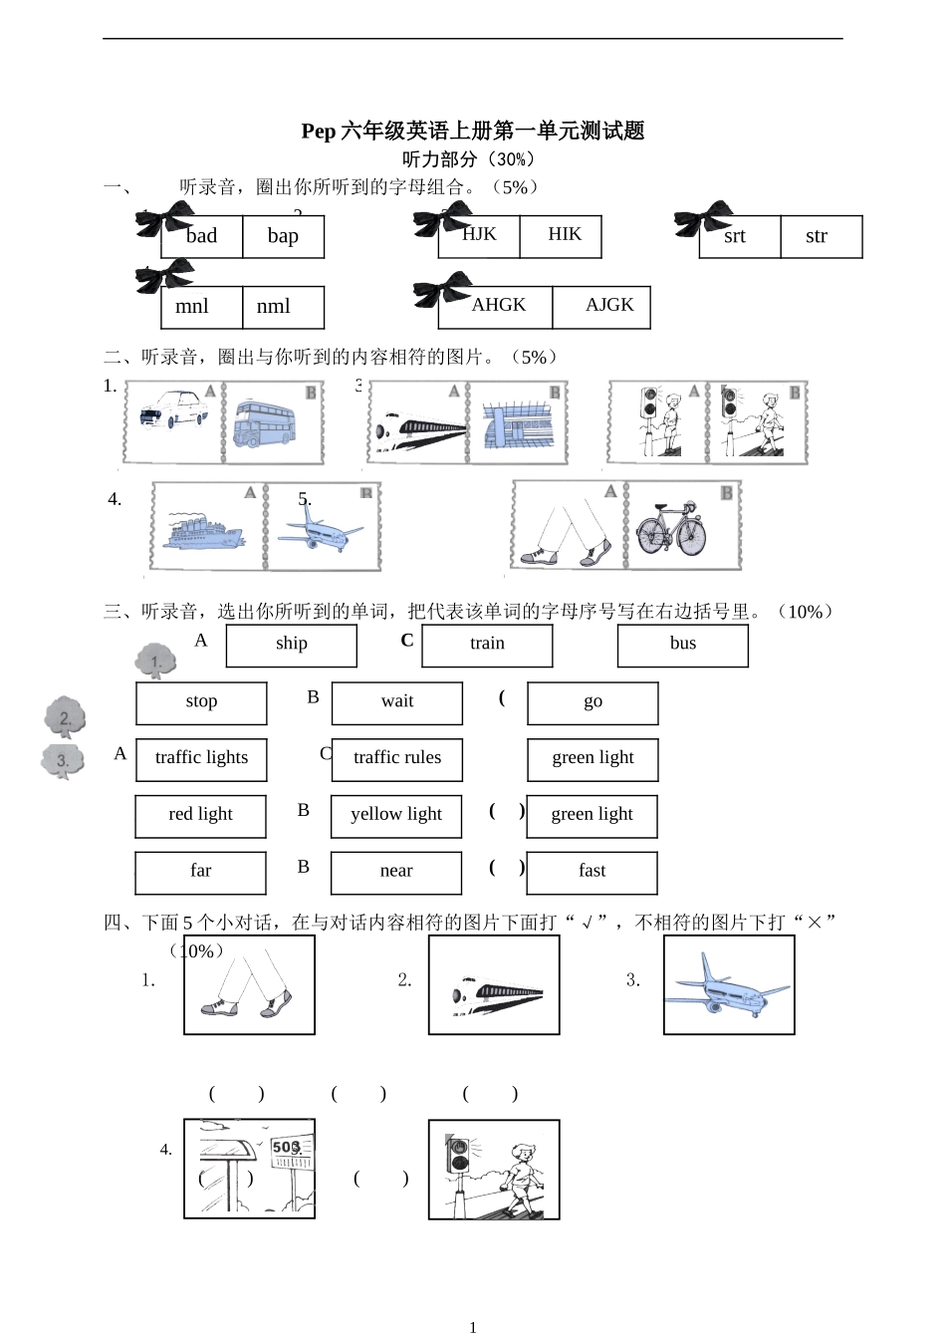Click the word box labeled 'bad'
tap(202, 236)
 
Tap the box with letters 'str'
tap(821, 236)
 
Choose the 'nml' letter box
tap(283, 307)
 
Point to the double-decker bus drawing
tap(265, 423)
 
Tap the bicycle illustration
tap(671, 529)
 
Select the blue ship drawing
tap(205, 530)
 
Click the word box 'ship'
tap(291, 645)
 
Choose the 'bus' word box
tap(682, 645)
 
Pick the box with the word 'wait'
tap(396, 702)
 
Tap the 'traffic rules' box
tap(396, 759)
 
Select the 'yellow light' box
tap(395, 816)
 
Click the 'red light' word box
tap(200, 816)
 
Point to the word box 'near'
tap(395, 872)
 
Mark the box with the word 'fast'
tap(591, 872)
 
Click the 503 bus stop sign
tap(287, 1148)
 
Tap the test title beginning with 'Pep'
tap(473, 131)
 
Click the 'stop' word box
tap(201, 702)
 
